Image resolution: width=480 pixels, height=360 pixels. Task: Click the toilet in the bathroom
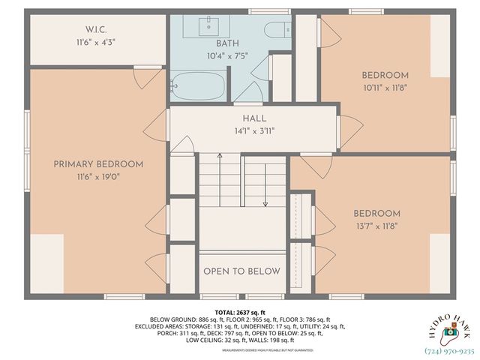click(x=277, y=30)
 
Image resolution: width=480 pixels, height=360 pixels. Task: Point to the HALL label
click(x=254, y=119)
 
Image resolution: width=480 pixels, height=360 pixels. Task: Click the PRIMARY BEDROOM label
click(x=98, y=164)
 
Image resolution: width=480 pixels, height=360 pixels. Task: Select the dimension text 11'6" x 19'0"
click(x=98, y=177)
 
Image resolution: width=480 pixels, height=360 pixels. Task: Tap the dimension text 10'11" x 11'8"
click(x=385, y=88)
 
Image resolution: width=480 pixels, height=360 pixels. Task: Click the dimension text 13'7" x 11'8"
click(x=376, y=226)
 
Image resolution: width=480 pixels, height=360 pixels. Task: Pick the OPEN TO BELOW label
click(x=242, y=271)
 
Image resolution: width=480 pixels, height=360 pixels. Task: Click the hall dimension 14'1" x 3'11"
click(x=254, y=132)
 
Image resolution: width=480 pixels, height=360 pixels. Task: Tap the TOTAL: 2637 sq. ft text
click(x=240, y=312)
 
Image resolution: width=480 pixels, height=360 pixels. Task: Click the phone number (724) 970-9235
click(x=450, y=350)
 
